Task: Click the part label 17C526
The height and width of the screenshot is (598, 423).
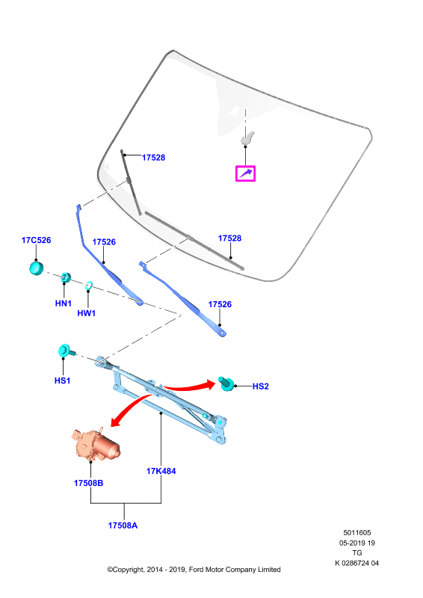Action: pyautogui.click(x=36, y=240)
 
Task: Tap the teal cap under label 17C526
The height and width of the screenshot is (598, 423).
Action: pyautogui.click(x=36, y=268)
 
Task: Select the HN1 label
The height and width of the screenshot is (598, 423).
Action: pyautogui.click(x=64, y=303)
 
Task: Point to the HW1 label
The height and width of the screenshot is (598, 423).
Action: pyautogui.click(x=86, y=313)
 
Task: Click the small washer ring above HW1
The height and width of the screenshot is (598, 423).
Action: pyautogui.click(x=89, y=286)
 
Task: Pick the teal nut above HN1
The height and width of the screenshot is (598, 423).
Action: pyautogui.click(x=66, y=277)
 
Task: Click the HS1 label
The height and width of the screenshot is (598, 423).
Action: pyautogui.click(x=62, y=380)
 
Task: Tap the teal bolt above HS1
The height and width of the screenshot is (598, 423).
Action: pyautogui.click(x=67, y=351)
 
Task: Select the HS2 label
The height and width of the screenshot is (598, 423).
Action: pyautogui.click(x=261, y=386)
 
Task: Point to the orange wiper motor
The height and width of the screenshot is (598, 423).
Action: pyautogui.click(x=96, y=443)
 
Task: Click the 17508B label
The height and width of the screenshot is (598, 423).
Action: pyautogui.click(x=88, y=483)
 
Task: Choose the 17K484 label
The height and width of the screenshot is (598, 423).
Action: pyautogui.click(x=161, y=472)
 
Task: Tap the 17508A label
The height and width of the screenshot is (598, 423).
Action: pyautogui.click(x=123, y=525)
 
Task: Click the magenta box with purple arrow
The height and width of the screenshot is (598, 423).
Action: pyautogui.click(x=245, y=173)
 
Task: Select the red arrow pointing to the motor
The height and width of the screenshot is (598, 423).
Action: pyautogui.click(x=129, y=407)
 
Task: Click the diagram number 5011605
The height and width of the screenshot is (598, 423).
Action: pyautogui.click(x=357, y=533)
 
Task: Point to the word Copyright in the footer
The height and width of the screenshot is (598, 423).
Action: pyautogui.click(x=129, y=570)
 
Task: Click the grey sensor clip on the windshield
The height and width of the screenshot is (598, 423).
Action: pyautogui.click(x=247, y=138)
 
